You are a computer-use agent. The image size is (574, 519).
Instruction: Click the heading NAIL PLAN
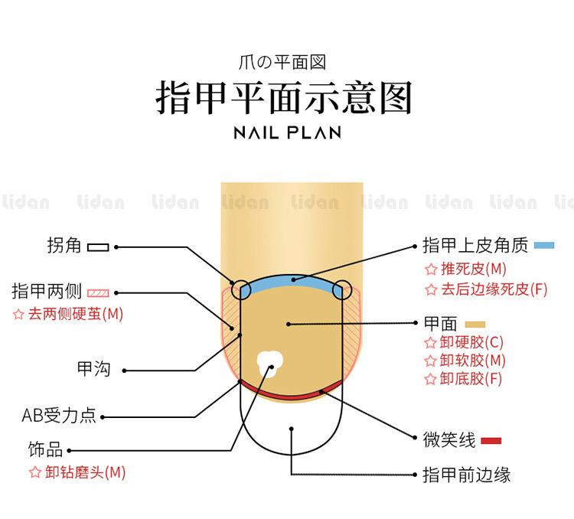point(286,132)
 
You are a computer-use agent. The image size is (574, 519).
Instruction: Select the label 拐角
point(64,246)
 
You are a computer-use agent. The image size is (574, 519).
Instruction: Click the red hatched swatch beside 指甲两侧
point(99,292)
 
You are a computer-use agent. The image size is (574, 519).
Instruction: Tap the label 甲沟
point(94,369)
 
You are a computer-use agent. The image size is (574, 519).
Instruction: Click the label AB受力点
point(59,416)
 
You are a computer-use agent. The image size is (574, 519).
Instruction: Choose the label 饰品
point(45,450)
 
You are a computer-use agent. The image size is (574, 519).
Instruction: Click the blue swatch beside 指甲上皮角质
point(544,246)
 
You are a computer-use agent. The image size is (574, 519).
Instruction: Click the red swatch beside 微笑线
point(491,440)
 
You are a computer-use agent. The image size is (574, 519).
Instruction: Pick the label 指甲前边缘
point(466,475)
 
